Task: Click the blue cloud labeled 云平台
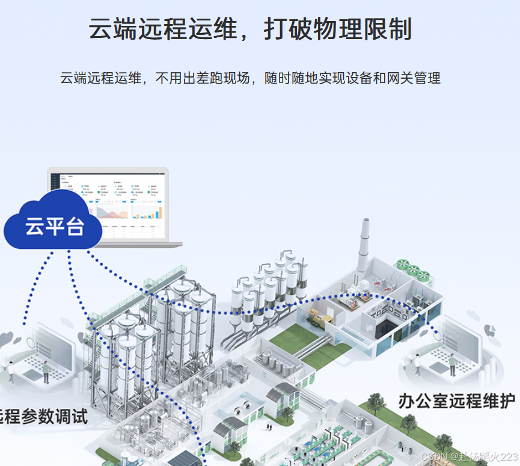(53, 226)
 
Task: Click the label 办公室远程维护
(456, 400)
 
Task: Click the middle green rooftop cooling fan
(414, 270)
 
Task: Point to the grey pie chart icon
(490, 331)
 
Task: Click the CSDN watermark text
(469, 457)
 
